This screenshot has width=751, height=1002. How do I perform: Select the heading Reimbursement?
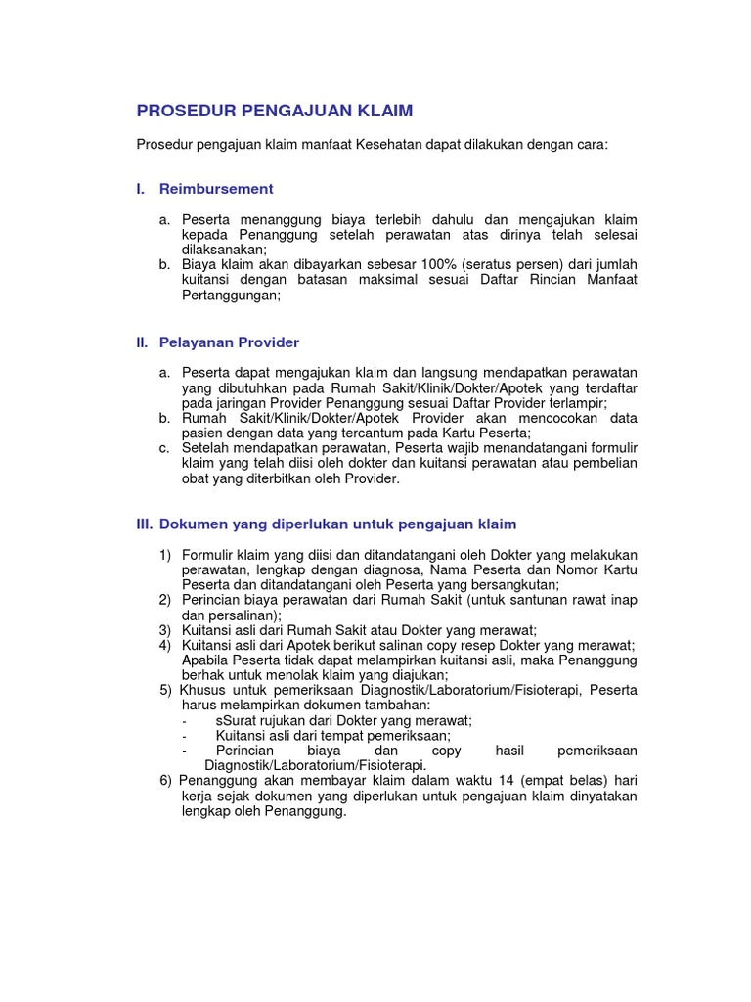point(216,188)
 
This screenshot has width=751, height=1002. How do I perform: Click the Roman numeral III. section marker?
point(145,524)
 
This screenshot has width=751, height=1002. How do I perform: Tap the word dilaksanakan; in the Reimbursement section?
point(224,249)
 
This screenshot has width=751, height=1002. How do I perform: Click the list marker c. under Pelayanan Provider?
point(164,448)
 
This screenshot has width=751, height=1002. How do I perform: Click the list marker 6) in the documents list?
point(165,781)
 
